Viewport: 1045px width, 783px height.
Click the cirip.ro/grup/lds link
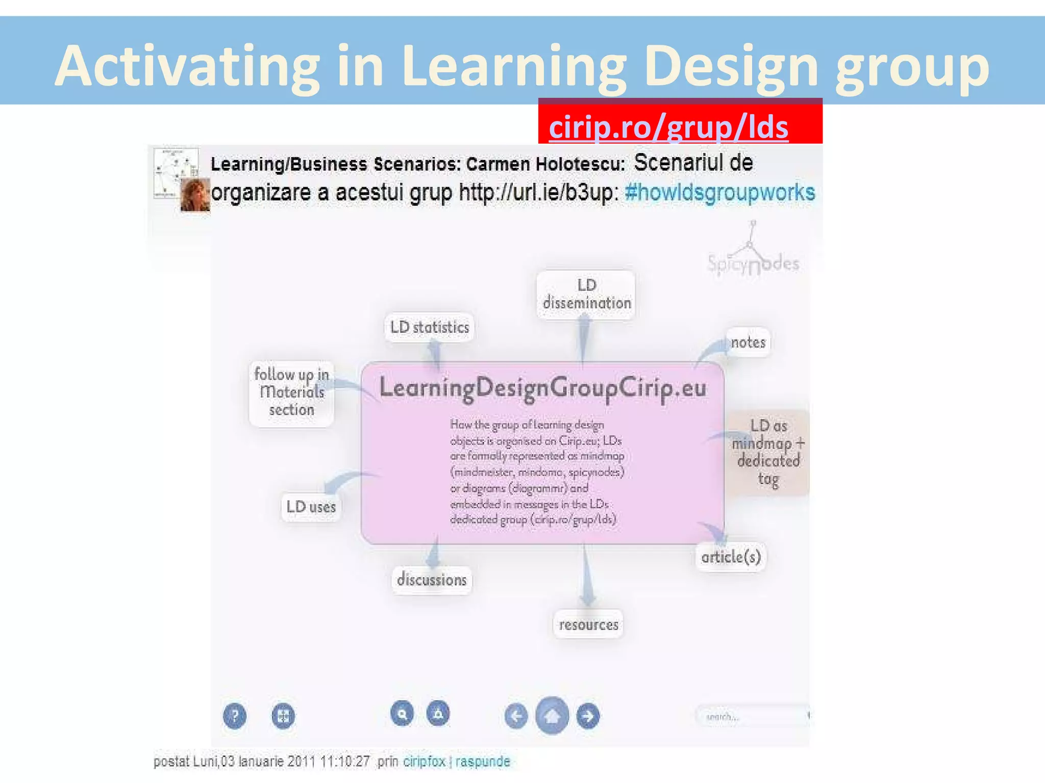click(668, 127)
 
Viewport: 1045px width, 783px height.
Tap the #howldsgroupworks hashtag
click(719, 193)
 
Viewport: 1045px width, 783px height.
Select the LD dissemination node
click(586, 294)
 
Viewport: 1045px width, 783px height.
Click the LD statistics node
click(429, 327)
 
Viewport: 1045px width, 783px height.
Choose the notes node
click(748, 342)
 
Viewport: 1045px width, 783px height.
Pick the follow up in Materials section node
click(291, 393)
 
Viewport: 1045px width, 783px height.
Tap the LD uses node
click(311, 507)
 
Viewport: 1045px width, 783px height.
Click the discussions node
click(432, 580)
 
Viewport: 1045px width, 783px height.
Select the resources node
click(588, 624)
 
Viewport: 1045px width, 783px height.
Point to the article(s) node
click(731, 557)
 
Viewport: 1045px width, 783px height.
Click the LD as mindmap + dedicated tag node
click(768, 452)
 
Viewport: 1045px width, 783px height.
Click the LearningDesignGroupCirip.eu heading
click(543, 388)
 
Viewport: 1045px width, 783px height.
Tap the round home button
click(552, 716)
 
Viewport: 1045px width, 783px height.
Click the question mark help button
click(235, 716)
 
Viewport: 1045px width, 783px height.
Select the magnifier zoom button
click(402, 714)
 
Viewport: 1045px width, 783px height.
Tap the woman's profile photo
click(195, 195)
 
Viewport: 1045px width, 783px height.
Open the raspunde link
click(483, 762)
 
